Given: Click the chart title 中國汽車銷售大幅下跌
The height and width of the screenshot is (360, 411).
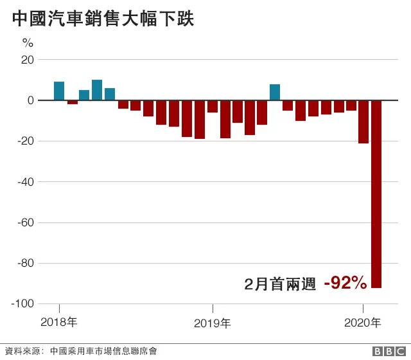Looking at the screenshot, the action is coord(103,19).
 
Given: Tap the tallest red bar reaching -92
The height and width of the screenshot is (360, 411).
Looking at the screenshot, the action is coord(376,194).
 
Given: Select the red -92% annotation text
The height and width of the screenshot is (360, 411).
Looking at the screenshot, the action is coord(345,283).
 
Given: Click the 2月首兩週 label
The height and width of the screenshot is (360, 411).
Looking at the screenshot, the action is coord(280,284).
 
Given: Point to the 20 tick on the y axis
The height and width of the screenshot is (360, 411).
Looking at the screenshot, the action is coord(28,60).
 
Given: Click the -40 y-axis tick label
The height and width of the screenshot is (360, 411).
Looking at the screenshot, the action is coord(26,182).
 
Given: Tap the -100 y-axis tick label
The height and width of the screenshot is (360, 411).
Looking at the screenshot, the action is coord(23,304).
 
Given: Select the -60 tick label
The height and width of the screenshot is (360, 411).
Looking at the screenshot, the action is coord(26,222).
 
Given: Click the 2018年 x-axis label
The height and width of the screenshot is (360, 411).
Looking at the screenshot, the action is coord(58,322).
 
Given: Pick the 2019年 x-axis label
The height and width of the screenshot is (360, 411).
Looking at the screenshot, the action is coord(213,323).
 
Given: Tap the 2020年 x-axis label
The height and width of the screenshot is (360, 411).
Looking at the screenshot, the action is coord(362,323).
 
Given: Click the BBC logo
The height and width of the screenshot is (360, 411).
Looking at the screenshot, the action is coord(389,351).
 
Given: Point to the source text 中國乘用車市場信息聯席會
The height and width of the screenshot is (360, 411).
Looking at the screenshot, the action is coord(103,351).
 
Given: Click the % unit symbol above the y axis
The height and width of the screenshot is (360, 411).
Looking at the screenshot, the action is coord(28,42).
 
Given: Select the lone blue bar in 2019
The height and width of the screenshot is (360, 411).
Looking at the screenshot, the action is coord(275,93).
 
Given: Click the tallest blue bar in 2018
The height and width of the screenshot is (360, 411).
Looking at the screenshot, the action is coord(97,90).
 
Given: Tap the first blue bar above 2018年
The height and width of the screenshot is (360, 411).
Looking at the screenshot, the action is coord(59,91).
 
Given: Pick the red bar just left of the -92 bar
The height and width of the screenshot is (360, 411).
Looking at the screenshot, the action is coord(363,122).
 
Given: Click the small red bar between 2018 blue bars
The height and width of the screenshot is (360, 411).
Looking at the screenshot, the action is coord(73,102).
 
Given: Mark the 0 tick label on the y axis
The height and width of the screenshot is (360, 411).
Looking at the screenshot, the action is coord(31,100).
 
